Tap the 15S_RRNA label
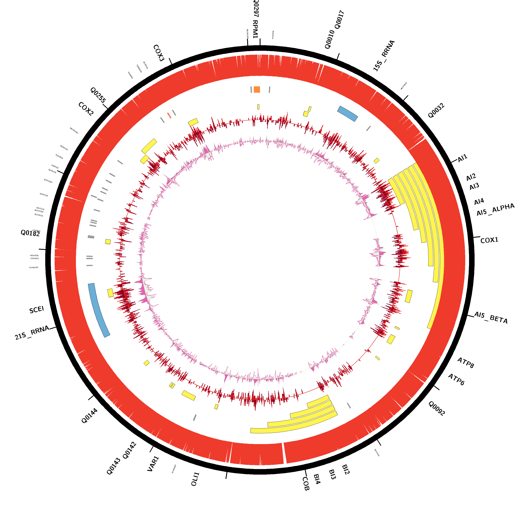click(384, 56)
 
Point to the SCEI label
click(37, 310)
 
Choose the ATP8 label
click(466, 363)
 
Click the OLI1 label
click(195, 479)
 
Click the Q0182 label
click(30, 233)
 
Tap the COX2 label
click(86, 109)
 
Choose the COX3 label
click(159, 53)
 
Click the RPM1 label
click(255, 29)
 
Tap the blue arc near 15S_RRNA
click(348, 114)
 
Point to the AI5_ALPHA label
click(495, 210)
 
